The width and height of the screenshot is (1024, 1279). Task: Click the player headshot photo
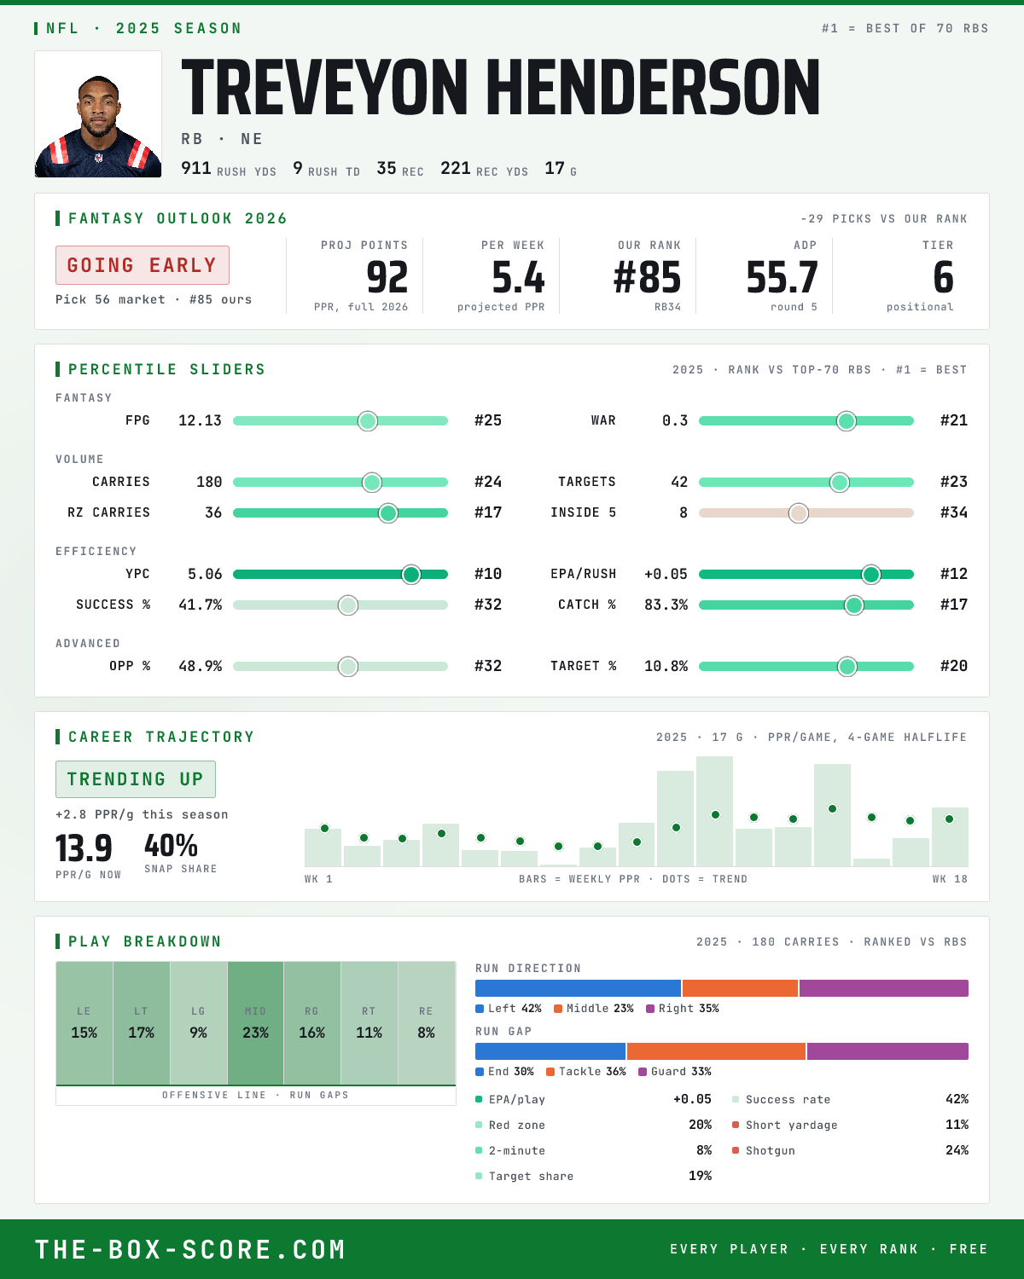(x=98, y=114)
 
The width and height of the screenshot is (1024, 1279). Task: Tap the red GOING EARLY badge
(x=143, y=265)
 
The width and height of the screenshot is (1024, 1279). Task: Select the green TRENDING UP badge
(x=136, y=779)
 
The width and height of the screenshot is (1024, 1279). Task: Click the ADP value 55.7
(x=782, y=278)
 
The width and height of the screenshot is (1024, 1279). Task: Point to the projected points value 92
(x=387, y=278)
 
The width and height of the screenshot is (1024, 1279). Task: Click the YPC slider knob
(x=411, y=575)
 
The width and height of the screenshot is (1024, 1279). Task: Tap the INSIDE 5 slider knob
(x=799, y=513)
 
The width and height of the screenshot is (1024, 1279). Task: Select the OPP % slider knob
(x=348, y=667)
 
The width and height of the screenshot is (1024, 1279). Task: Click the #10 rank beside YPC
(x=488, y=574)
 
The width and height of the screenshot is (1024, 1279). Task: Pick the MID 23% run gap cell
(x=255, y=1023)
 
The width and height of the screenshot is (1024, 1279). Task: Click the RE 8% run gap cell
(x=427, y=1023)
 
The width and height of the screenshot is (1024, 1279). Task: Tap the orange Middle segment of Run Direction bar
(x=740, y=988)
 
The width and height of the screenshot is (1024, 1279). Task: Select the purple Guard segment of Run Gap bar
(x=887, y=1051)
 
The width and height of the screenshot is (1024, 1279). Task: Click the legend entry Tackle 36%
(x=586, y=1072)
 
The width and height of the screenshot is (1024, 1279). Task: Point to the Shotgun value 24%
(x=957, y=1150)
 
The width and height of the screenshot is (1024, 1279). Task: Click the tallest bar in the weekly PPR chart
(x=714, y=811)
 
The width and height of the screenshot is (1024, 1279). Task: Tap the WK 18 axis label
(x=950, y=879)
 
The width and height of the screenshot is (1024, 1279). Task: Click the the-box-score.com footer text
(x=190, y=1250)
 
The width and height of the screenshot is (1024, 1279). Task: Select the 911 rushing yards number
(x=195, y=169)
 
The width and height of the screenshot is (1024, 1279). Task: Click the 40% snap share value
(x=171, y=846)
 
